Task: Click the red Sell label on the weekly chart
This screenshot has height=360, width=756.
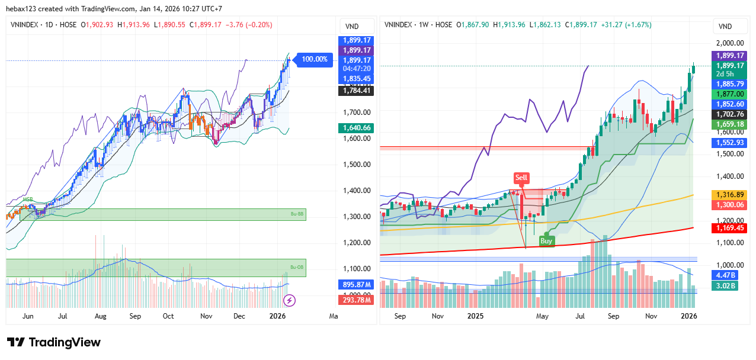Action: pyautogui.click(x=521, y=178)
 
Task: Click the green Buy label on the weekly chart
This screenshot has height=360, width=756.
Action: pyautogui.click(x=546, y=240)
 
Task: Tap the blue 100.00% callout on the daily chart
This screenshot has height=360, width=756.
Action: pyautogui.click(x=314, y=59)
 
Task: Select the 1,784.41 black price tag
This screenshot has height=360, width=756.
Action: pyautogui.click(x=356, y=91)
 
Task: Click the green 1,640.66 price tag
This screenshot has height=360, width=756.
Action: pyautogui.click(x=356, y=127)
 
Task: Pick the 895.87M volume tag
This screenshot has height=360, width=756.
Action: pyautogui.click(x=356, y=285)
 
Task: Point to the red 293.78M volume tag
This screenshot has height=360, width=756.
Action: pyautogui.click(x=356, y=300)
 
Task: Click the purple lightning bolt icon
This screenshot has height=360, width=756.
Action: pyautogui.click(x=289, y=300)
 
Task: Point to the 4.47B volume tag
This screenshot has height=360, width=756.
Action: pyautogui.click(x=725, y=275)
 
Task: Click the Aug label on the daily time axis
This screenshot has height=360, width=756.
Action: pyautogui.click(x=100, y=316)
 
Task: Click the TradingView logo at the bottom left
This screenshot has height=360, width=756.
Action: pyautogui.click(x=54, y=342)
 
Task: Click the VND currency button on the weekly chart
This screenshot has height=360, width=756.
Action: pyautogui.click(x=725, y=26)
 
